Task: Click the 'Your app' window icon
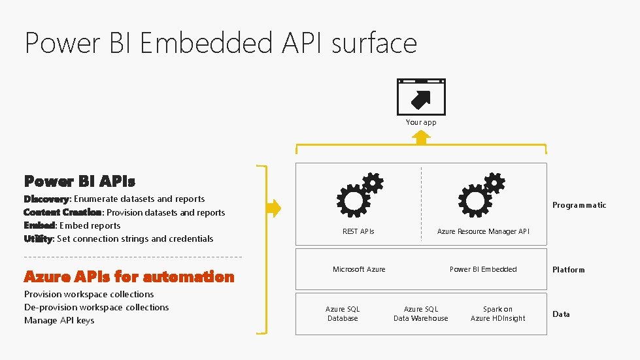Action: pyautogui.click(x=421, y=97)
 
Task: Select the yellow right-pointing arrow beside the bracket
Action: pyautogui.click(x=273, y=208)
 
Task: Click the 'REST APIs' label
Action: pyautogui.click(x=359, y=231)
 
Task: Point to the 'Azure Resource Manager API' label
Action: pyautogui.click(x=483, y=231)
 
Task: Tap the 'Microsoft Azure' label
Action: pyautogui.click(x=359, y=269)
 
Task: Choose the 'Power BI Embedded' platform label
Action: pyautogui.click(x=483, y=269)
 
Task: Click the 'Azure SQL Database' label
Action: pyautogui.click(x=343, y=314)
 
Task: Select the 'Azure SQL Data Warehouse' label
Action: pyautogui.click(x=421, y=314)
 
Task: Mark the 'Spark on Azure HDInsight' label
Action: pyautogui.click(x=497, y=314)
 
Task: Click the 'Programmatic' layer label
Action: pyautogui.click(x=579, y=205)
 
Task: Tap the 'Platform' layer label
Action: pyautogui.click(x=569, y=270)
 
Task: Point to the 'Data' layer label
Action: pyautogui.click(x=561, y=314)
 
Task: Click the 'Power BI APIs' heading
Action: pyautogui.click(x=80, y=181)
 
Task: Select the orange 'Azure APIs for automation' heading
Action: pyautogui.click(x=129, y=277)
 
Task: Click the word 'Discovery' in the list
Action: pyautogui.click(x=46, y=199)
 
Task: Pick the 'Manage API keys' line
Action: pyautogui.click(x=59, y=320)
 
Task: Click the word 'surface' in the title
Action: pyautogui.click(x=374, y=43)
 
